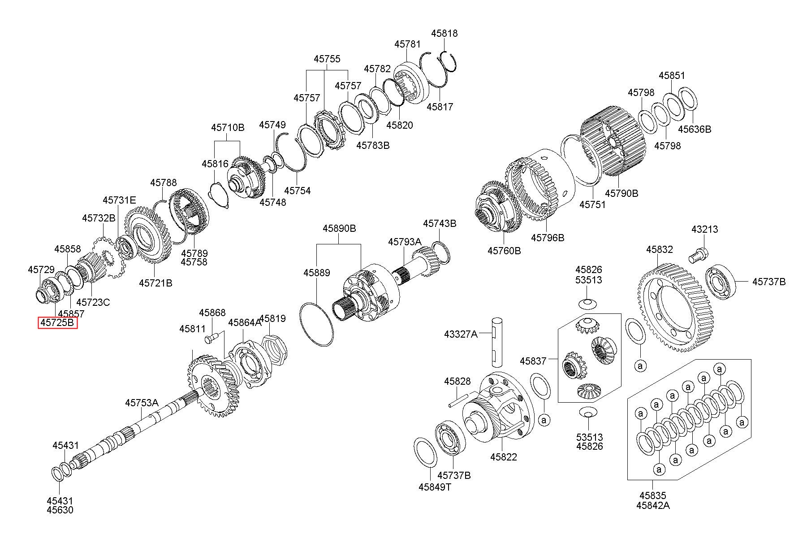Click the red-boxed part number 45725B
coord(58,323)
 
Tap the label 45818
coord(444,33)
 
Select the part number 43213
coord(704,229)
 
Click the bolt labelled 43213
coord(697,255)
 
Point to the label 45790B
coord(621,193)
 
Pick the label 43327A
coord(461,334)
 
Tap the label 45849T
coord(435,487)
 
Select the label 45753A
coord(142,403)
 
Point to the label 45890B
coord(339,229)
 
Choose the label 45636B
coord(694,129)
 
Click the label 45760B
coord(504,251)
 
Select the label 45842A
coord(653,505)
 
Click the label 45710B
coord(228,128)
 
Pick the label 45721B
coord(155,283)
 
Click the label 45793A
coord(405,242)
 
